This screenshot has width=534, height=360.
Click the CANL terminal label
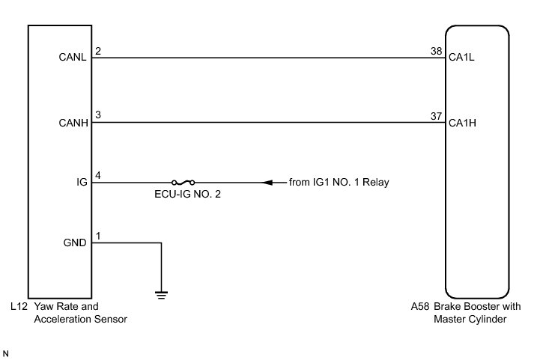pos(73,58)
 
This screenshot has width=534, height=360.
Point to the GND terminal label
pos(76,242)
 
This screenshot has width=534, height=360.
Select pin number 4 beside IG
pos(98,176)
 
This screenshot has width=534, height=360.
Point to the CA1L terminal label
pos(463,58)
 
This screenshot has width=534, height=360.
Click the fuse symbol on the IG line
pos(183,182)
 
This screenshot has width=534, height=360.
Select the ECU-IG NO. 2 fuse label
pos(183,195)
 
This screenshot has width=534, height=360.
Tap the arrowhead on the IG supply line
pos(267,182)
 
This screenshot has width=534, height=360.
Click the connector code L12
pos(20,307)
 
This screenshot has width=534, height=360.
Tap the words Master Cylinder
pos(470,319)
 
